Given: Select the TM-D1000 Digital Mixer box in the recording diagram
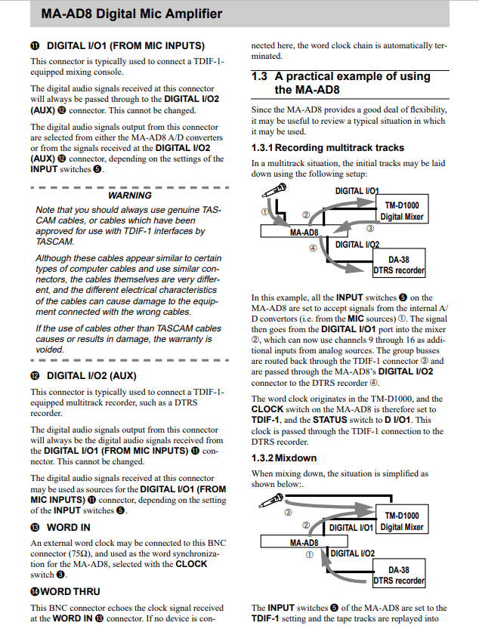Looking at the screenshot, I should (x=401, y=211).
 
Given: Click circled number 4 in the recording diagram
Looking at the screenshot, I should (x=312, y=248).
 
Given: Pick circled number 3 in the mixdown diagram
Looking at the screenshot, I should (x=288, y=511).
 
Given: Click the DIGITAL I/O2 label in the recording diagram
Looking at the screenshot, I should (x=357, y=245).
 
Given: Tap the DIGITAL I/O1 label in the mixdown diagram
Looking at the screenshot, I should (x=351, y=527).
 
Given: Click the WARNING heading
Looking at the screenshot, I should (x=130, y=196).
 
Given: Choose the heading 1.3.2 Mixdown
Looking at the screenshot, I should (x=284, y=458).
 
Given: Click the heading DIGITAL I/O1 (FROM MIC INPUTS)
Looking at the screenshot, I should (x=125, y=45).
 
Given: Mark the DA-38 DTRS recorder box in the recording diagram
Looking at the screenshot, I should (x=399, y=265).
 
